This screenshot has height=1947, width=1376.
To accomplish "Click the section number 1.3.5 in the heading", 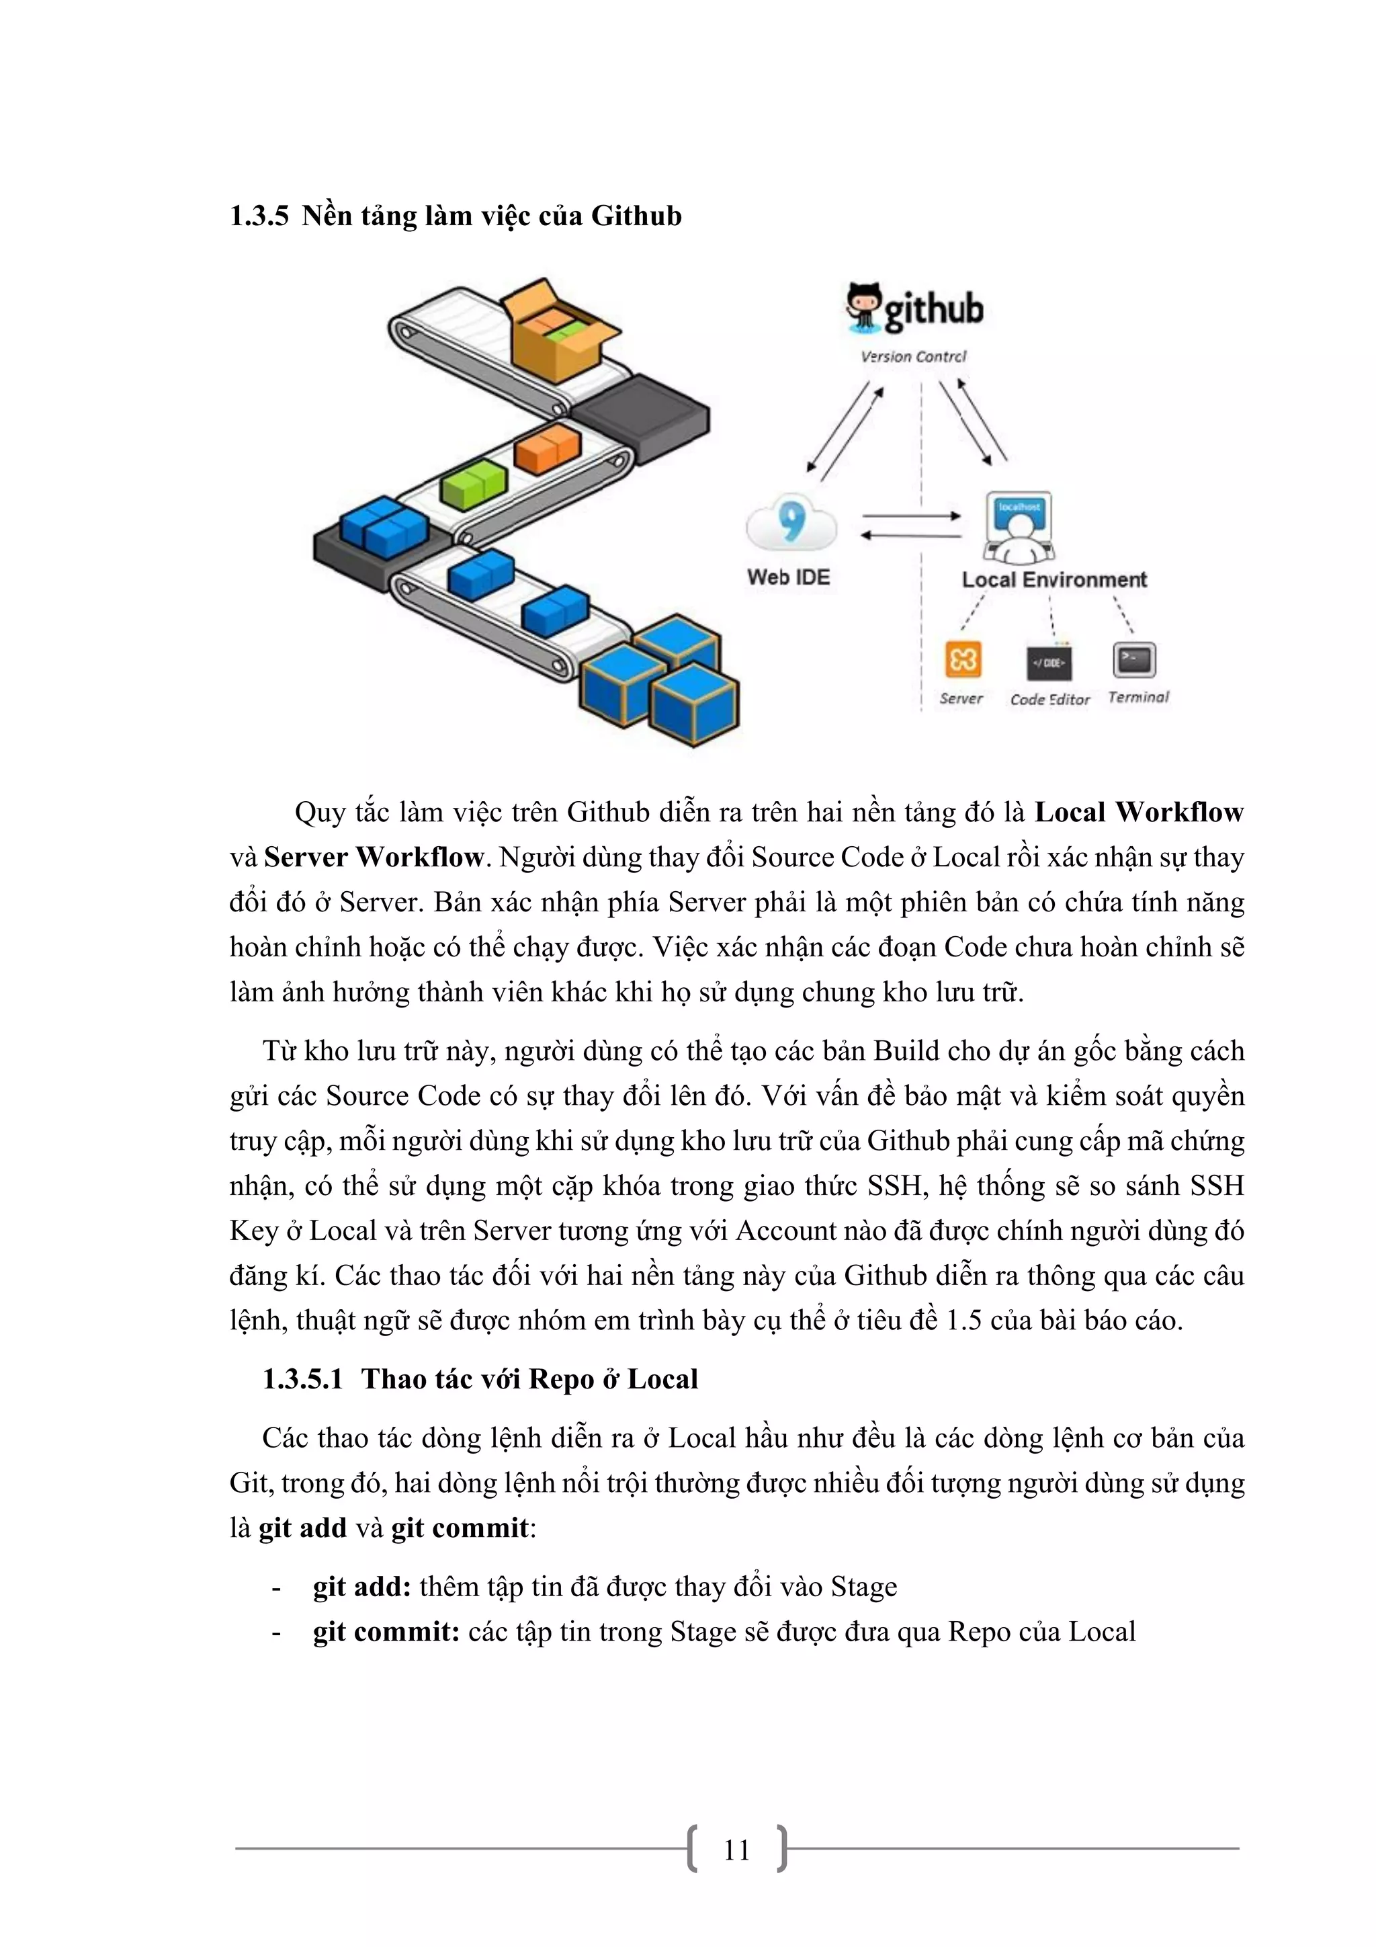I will (x=259, y=216).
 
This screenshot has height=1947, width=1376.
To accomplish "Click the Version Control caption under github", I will (x=913, y=357).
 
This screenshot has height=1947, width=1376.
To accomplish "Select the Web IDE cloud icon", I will (x=791, y=524).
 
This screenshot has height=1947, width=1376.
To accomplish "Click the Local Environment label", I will (x=1053, y=580).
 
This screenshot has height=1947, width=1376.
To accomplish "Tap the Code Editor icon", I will (x=1049, y=662).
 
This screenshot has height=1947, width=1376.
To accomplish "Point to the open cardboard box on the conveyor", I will (x=556, y=331).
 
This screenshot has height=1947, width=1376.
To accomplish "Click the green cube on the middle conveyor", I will (x=473, y=484).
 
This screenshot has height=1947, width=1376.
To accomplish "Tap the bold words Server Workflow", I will (x=373, y=858).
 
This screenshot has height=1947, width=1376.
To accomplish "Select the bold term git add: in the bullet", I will (x=362, y=1587).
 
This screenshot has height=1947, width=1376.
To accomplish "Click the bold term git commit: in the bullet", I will (x=386, y=1632).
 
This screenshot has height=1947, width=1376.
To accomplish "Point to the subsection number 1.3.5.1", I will (x=302, y=1380).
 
